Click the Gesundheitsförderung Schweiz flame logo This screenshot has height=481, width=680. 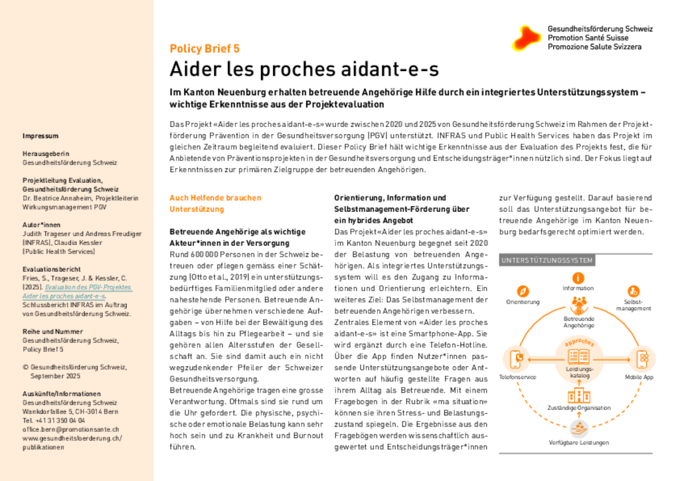[528, 38]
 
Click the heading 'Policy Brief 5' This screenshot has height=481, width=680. [205, 48]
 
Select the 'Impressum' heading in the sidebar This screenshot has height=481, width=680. [41, 136]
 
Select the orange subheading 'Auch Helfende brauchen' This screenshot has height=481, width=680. [215, 198]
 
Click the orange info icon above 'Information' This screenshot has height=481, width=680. [578, 278]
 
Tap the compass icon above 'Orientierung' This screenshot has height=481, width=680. [523, 291]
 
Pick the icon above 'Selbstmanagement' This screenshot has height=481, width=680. [633, 291]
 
